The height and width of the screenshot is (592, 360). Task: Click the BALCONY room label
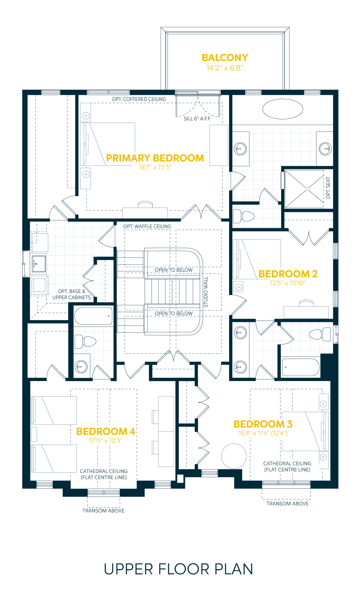[225, 58]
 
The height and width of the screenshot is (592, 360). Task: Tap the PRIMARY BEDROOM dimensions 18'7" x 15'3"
[155, 167]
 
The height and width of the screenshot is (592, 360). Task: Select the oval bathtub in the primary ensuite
[282, 109]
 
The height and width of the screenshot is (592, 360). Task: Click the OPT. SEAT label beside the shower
[328, 188]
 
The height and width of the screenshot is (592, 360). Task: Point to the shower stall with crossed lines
[304, 189]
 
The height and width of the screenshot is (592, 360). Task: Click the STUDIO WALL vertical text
[206, 292]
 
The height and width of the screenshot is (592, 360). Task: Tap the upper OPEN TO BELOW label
[173, 270]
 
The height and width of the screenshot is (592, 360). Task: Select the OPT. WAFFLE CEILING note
[147, 226]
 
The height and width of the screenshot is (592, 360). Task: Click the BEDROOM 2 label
[288, 274]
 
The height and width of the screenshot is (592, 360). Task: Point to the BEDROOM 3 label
[263, 424]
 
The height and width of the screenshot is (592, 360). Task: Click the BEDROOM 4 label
[105, 431]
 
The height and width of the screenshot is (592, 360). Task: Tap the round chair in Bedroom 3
[234, 456]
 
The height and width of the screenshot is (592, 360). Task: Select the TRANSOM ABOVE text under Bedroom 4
[103, 511]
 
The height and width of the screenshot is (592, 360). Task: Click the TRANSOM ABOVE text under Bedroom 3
[287, 503]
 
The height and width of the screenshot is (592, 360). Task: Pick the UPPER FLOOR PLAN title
[178, 569]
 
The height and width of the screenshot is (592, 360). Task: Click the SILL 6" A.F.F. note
[197, 119]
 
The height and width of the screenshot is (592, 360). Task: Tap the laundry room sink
[39, 264]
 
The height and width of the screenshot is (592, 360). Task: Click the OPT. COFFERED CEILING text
[139, 99]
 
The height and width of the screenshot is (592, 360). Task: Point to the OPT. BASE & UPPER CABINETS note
[71, 294]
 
